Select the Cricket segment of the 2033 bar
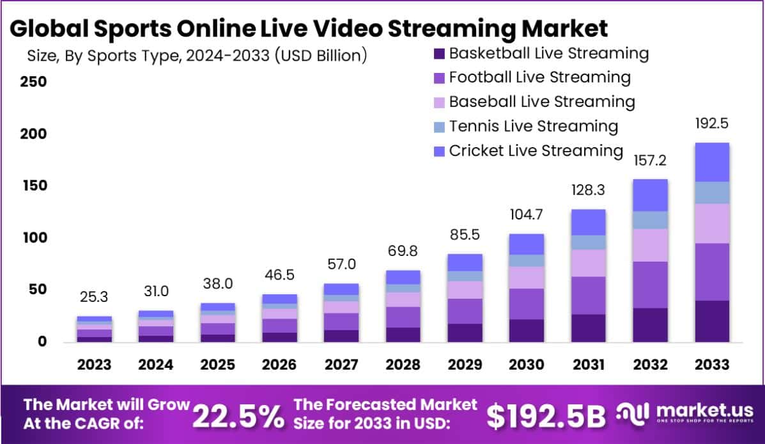point(712,163)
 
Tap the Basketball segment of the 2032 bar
point(650,325)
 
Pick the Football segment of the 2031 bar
point(588,295)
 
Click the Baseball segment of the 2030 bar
point(526,278)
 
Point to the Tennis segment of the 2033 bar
point(712,193)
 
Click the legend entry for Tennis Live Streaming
point(533,126)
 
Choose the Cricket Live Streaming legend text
point(536,151)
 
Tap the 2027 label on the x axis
point(341,365)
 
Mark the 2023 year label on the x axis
point(94,365)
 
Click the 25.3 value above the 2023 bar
point(94,297)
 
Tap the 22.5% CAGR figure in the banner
point(238,416)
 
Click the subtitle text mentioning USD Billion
point(197,55)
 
